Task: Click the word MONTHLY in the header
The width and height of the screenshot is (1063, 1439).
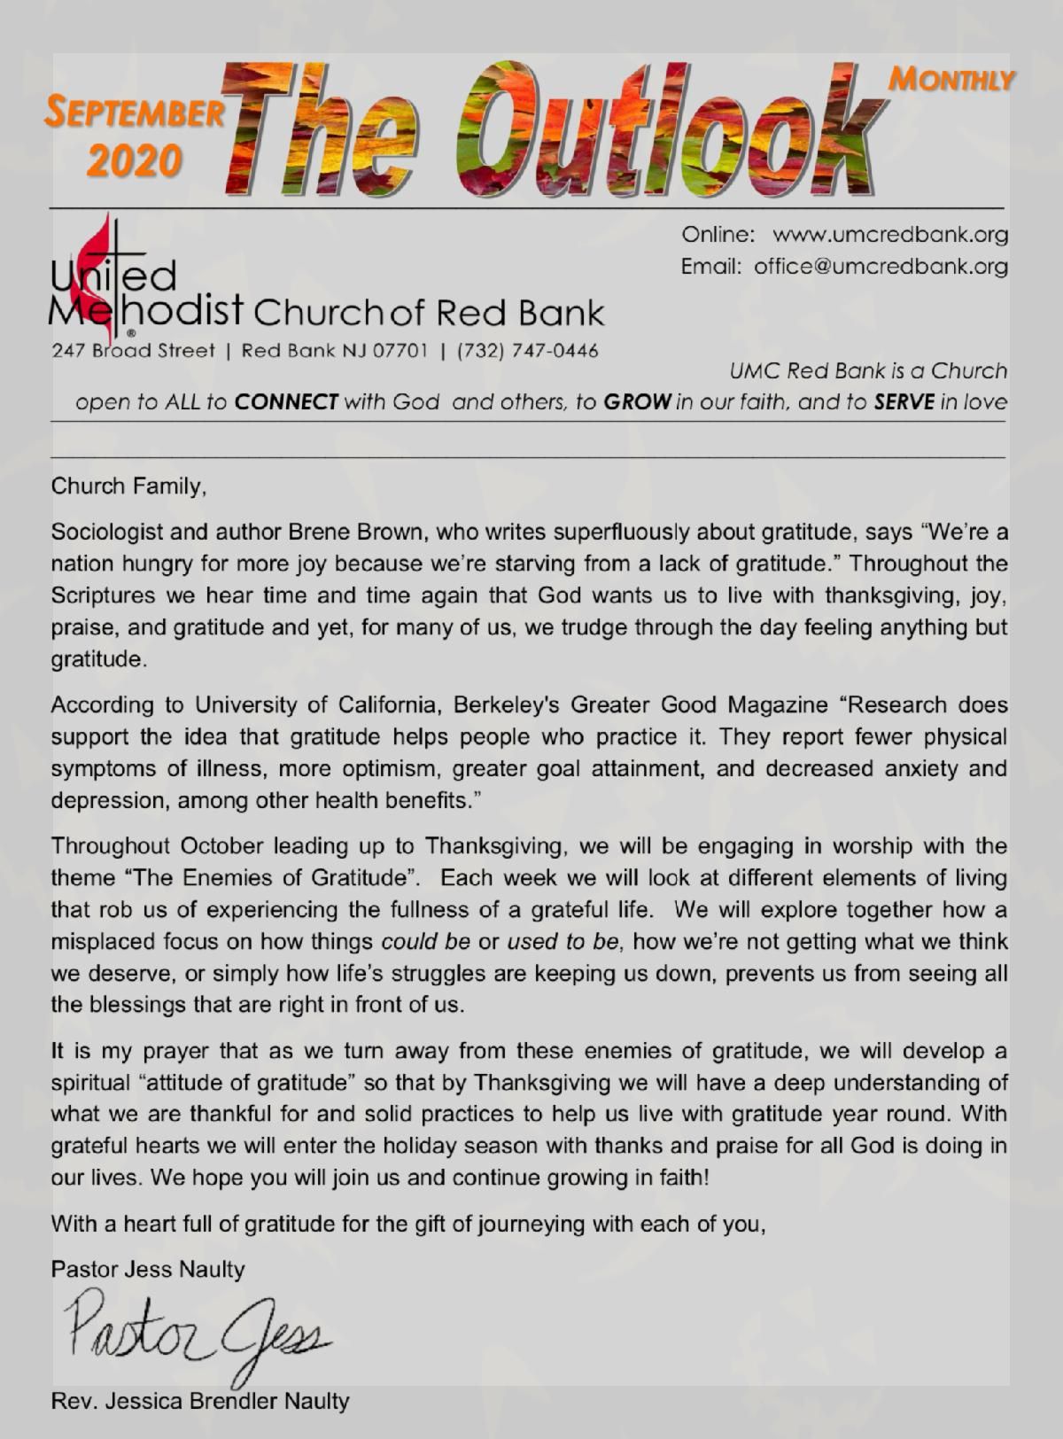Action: click(x=950, y=81)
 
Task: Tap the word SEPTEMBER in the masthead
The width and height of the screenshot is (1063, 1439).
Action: click(x=135, y=113)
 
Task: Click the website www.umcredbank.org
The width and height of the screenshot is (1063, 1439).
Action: click(x=890, y=235)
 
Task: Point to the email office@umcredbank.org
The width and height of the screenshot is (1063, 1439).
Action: click(x=881, y=266)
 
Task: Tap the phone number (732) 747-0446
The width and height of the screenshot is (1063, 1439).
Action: click(x=527, y=350)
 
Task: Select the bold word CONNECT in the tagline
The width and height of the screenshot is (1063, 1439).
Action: click(x=286, y=402)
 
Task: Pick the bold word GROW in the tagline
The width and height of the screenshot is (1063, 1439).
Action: click(x=636, y=402)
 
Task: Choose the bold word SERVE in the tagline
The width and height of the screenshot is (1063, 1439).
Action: click(x=904, y=402)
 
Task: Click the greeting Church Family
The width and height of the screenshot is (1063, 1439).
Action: click(x=128, y=486)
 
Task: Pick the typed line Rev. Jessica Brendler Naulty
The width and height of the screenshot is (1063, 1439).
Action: click(x=200, y=1401)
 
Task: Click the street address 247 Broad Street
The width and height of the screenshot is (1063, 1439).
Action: click(x=134, y=350)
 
